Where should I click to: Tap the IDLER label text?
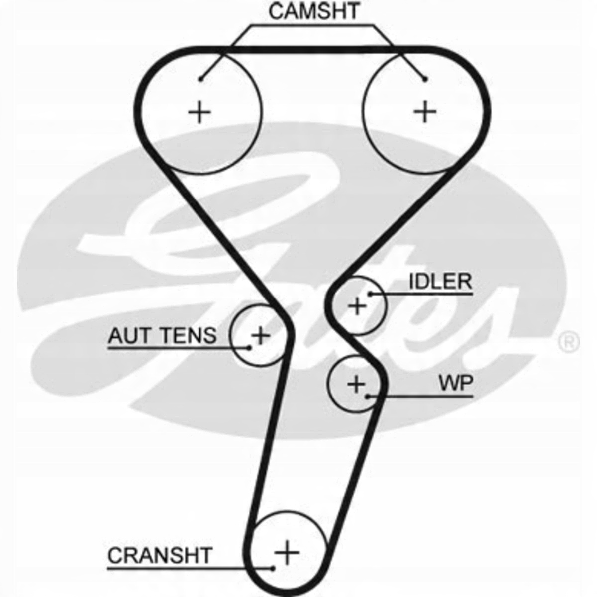[x=440, y=282]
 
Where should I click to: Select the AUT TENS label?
[x=162, y=336]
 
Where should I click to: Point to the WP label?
[x=456, y=383]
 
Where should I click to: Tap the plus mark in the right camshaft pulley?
[x=425, y=112]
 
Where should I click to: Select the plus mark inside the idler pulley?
[x=357, y=306]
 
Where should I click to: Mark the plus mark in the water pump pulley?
[x=356, y=384]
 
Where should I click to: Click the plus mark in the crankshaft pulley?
[x=287, y=552]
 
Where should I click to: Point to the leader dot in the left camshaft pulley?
[x=200, y=79]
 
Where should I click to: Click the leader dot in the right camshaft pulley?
[x=425, y=79]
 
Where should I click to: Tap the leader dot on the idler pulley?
[x=370, y=294]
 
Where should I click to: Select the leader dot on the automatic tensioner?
[x=248, y=347]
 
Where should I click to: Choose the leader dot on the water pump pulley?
[x=367, y=397]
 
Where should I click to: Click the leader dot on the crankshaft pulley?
[x=273, y=568]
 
